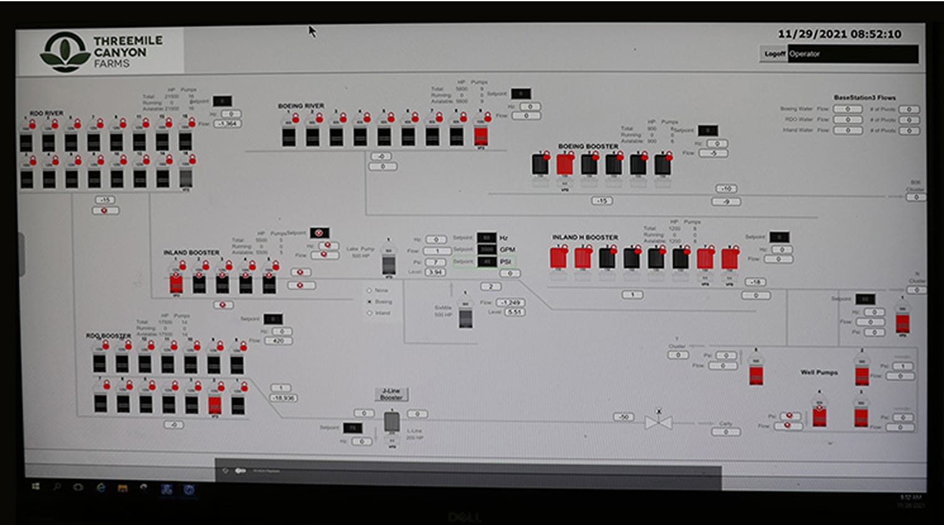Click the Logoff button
[x=774, y=54]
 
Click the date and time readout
[x=839, y=34]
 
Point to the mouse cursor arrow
[x=312, y=30]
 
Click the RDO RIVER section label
[x=47, y=113]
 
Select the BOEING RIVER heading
[x=301, y=106]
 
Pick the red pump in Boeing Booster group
[x=565, y=164]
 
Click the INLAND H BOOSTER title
[x=585, y=237]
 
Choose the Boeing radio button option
[x=370, y=302]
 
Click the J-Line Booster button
[x=391, y=394]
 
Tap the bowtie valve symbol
[x=658, y=423]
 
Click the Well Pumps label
[x=819, y=372]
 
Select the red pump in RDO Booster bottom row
[x=215, y=404]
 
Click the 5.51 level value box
[x=514, y=312]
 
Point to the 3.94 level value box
[x=435, y=272]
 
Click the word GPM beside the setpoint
[x=507, y=249]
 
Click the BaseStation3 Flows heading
[x=864, y=97]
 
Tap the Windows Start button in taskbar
[x=35, y=487]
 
